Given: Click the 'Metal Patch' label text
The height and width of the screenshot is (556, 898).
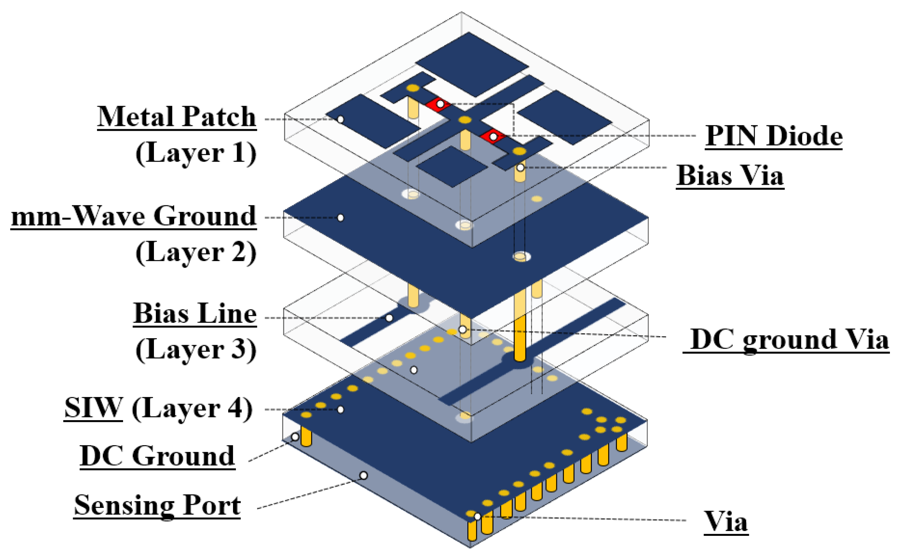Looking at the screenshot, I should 177,117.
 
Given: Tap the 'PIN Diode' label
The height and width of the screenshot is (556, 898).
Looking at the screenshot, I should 773,136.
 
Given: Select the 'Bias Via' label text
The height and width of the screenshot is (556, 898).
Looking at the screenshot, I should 730,176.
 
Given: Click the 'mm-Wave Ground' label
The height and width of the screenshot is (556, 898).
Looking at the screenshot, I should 133,216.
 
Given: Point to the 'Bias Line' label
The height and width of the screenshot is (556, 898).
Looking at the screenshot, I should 195,314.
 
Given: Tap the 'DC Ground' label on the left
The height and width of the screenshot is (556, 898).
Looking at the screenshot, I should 158,456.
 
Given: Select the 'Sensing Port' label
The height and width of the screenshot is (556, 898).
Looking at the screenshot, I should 157,505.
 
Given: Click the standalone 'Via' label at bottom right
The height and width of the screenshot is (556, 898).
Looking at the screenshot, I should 725,521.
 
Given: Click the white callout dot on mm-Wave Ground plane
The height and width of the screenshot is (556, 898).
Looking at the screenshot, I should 340,218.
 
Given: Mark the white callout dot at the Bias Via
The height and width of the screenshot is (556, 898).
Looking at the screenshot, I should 520,168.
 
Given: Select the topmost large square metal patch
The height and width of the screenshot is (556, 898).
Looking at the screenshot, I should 472,64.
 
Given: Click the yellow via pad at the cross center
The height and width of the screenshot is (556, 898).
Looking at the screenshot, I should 465,120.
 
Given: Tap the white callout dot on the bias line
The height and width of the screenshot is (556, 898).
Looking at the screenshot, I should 389,318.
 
